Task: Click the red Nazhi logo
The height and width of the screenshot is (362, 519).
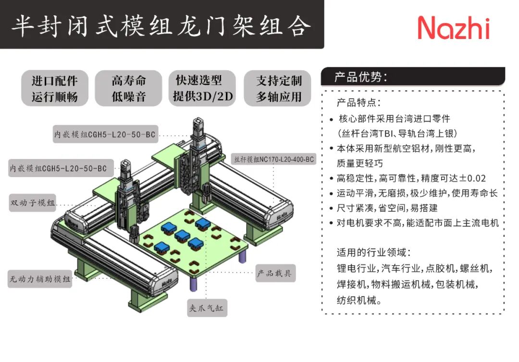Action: [x=453, y=27]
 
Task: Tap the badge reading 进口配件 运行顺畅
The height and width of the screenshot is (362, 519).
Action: [x=54, y=88]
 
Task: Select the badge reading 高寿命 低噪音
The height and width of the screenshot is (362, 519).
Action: [x=129, y=88]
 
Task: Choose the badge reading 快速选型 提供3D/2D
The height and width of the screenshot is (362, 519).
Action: [x=202, y=88]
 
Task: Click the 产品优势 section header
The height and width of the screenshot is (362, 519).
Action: [x=361, y=77]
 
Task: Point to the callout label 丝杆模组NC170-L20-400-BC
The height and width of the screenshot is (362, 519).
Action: [x=273, y=158]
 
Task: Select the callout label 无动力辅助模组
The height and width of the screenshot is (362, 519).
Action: [x=40, y=278]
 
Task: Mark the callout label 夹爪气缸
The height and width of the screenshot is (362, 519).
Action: [x=207, y=309]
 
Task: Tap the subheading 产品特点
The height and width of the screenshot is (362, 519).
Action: [x=358, y=103]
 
